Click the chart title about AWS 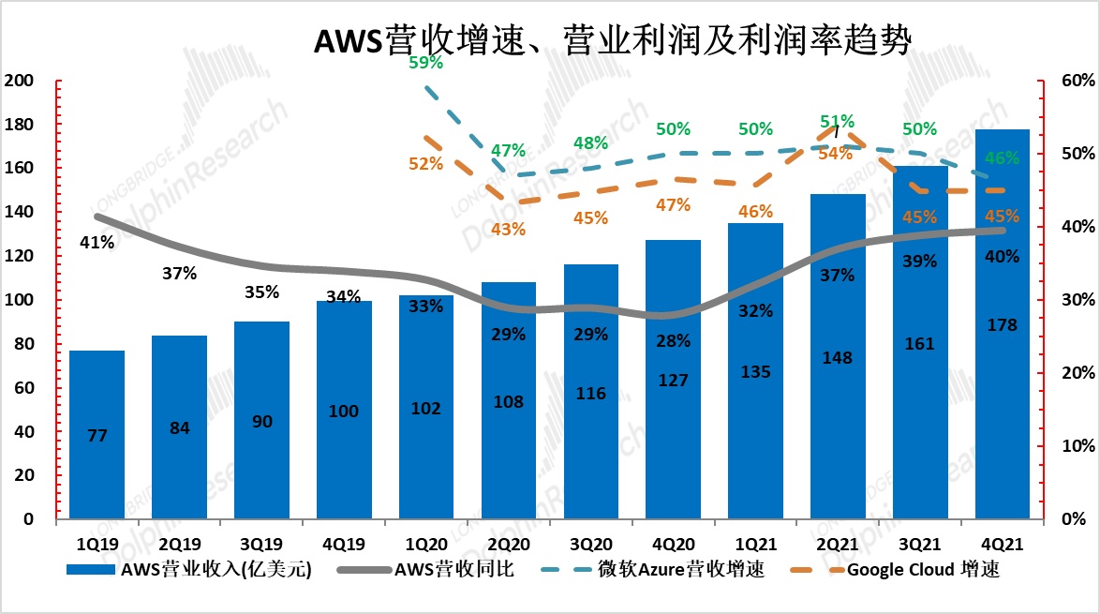pyautogui.click(x=611, y=41)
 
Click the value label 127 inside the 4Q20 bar pyautogui.click(x=674, y=380)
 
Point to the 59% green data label pyautogui.click(x=426, y=64)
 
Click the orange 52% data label pyautogui.click(x=426, y=163)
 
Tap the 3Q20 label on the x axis pyautogui.click(x=591, y=543)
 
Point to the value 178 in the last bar pyautogui.click(x=1002, y=324)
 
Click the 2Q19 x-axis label pyautogui.click(x=179, y=543)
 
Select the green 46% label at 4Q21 pyautogui.click(x=1002, y=158)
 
